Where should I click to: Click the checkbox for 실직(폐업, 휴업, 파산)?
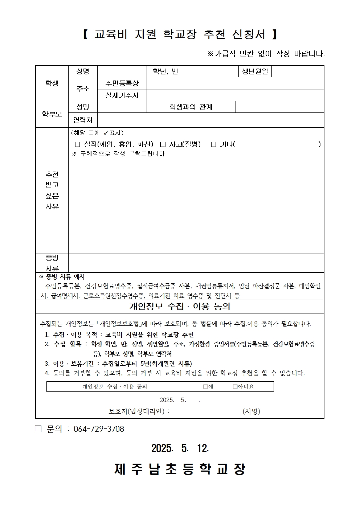[x=77, y=144]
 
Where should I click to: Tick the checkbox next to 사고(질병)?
[x=163, y=144]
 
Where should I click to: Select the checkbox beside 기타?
[x=213, y=144]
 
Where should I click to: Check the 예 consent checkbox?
[x=205, y=387]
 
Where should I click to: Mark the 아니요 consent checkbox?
[x=235, y=387]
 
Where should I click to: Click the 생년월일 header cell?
[x=255, y=71]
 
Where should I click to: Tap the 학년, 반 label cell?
[x=165, y=71]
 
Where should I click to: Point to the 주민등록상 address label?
[x=122, y=83]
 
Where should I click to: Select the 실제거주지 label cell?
[x=122, y=95]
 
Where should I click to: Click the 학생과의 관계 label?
[x=191, y=107]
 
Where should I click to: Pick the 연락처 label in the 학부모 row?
[x=83, y=120]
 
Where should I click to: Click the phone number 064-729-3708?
[x=99, y=429]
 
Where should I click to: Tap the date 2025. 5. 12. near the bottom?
[x=180, y=448]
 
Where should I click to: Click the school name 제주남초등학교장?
[x=180, y=469]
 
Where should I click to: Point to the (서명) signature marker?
[x=251, y=411]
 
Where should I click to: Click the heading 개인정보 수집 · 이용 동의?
[x=180, y=307]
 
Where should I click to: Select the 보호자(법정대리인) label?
[x=139, y=411]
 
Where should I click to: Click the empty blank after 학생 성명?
[x=122, y=71]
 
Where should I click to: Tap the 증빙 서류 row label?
[x=52, y=263]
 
